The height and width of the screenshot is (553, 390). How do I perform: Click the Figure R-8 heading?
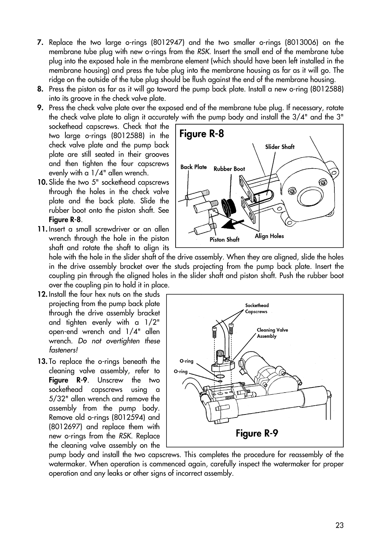pyautogui.click(x=202, y=134)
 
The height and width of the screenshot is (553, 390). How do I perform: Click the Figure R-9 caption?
pyautogui.click(x=257, y=433)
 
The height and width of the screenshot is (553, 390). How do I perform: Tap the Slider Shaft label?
pyautogui.click(x=279, y=147)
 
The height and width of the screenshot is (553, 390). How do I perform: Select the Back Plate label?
pyautogui.click(x=193, y=167)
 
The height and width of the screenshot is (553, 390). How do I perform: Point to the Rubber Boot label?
pyautogui.click(x=229, y=169)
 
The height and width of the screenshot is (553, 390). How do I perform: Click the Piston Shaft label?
pyautogui.click(x=224, y=240)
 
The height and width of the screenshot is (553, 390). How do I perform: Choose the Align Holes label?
pyautogui.click(x=269, y=236)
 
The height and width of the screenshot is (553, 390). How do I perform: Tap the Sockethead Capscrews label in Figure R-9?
pyautogui.click(x=257, y=308)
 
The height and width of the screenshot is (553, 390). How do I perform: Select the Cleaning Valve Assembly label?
pyautogui.click(x=272, y=333)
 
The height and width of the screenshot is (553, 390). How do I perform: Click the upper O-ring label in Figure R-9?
pyautogui.click(x=186, y=361)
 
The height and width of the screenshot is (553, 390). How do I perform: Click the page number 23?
pyautogui.click(x=339, y=525)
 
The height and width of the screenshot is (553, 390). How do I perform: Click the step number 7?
pyautogui.click(x=39, y=43)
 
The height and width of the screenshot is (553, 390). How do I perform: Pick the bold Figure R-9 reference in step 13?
pyautogui.click(x=68, y=380)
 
